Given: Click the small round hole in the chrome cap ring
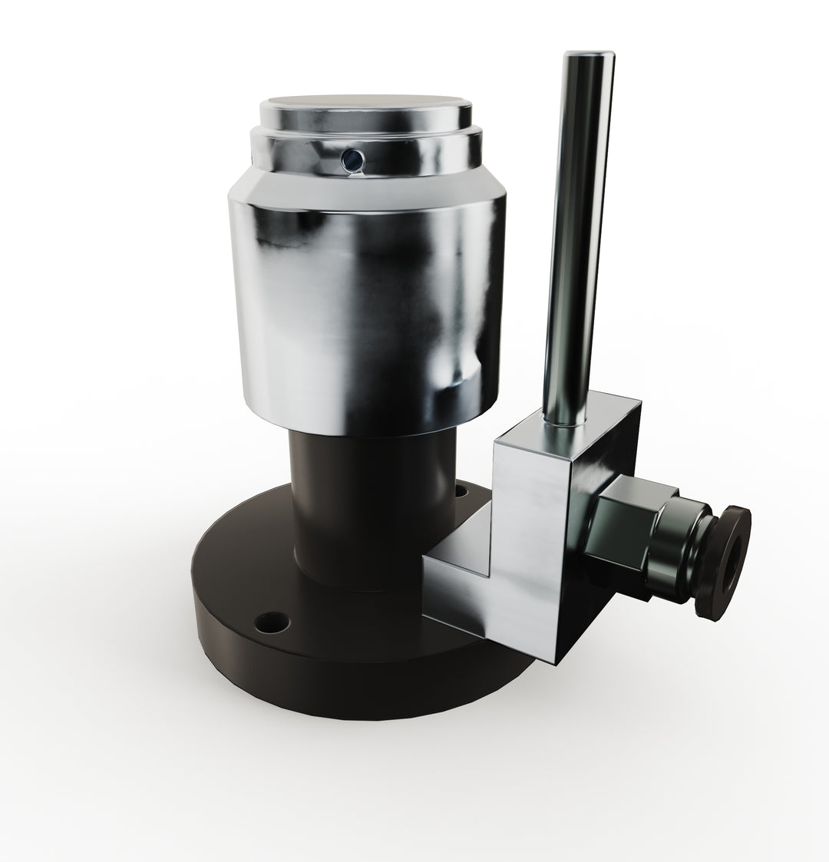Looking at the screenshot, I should point(352,159).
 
